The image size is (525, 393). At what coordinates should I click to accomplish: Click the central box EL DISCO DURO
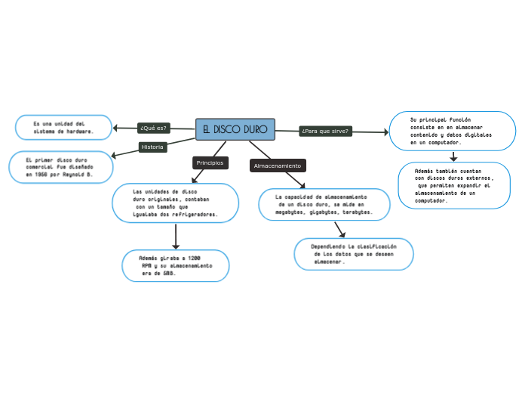click(x=235, y=129)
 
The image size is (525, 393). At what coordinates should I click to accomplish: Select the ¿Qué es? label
click(x=153, y=128)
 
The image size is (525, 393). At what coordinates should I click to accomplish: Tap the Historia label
click(x=152, y=147)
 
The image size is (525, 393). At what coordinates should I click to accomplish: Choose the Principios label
click(x=210, y=162)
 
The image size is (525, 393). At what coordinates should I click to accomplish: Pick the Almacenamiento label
click(x=277, y=166)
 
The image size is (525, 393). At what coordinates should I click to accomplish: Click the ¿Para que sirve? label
click(x=324, y=131)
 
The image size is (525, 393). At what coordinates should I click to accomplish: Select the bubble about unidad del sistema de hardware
click(x=63, y=127)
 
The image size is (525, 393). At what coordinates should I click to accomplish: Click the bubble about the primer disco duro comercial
click(x=60, y=167)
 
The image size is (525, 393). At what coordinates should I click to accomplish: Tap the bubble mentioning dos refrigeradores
click(x=175, y=203)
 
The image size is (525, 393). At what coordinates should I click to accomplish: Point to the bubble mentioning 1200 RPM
click(x=175, y=265)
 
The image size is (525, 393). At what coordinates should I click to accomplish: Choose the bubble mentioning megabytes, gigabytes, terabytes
click(x=324, y=204)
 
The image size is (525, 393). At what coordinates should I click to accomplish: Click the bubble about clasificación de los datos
click(x=353, y=253)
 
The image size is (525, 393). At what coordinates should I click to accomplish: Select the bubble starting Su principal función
click(x=452, y=131)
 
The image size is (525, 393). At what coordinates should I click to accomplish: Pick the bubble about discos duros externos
click(x=453, y=185)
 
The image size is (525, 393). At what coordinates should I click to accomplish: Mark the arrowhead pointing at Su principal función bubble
click(x=385, y=132)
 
